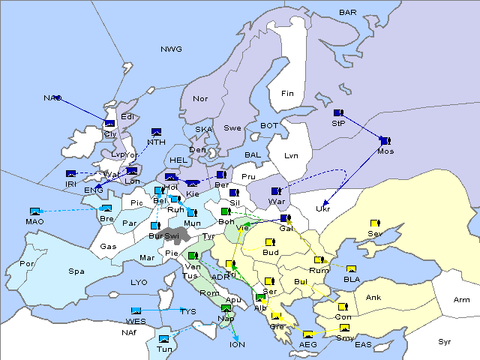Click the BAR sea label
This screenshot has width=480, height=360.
[x=348, y=13]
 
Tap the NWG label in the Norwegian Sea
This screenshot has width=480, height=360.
[x=171, y=49]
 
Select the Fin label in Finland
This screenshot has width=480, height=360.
[x=287, y=94]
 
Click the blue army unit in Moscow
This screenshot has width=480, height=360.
[x=385, y=140]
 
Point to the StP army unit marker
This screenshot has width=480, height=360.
[x=338, y=113]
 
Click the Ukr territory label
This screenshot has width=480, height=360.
[x=323, y=209]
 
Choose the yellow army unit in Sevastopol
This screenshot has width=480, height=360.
[x=375, y=223]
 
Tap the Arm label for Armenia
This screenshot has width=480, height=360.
[x=462, y=300]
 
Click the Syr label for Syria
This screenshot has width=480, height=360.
[x=445, y=342]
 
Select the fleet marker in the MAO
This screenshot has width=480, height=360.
[x=34, y=211]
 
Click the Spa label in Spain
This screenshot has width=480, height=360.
[x=76, y=271]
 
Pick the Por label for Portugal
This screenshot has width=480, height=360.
[x=27, y=264]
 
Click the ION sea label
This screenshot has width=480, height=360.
[x=237, y=346]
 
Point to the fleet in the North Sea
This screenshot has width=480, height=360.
[x=157, y=132]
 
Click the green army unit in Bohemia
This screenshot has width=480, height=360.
[x=225, y=211]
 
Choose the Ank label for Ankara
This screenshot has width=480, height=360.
[x=373, y=298]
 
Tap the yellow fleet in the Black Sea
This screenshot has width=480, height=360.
[x=351, y=269]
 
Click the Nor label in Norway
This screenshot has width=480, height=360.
[x=200, y=99]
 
